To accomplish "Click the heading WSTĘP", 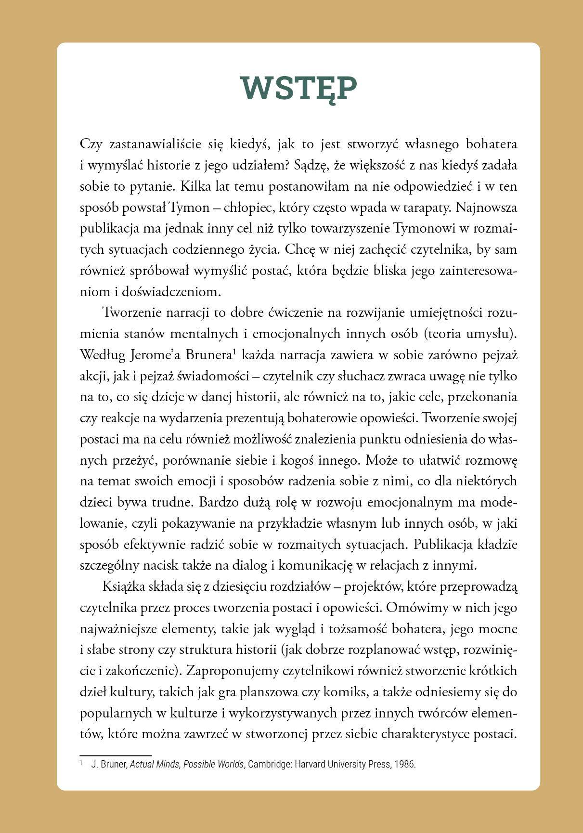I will point(299,88).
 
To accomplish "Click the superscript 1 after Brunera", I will point(234,351).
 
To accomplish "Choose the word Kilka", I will point(197,186).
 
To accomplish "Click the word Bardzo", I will point(216,502).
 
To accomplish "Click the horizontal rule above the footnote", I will point(116,755).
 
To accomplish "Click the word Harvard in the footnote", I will point(311,765).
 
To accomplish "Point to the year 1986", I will point(404,765).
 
